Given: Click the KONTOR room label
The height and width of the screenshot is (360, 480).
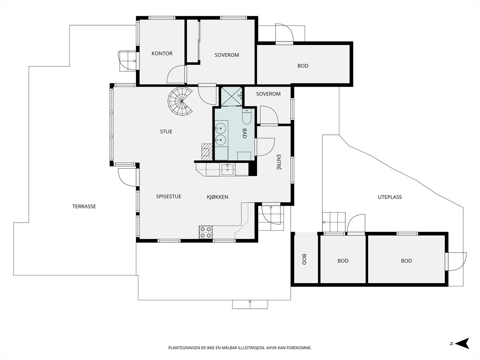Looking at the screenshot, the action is click(162, 53).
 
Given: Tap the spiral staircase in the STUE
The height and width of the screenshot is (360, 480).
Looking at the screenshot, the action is click(180, 101).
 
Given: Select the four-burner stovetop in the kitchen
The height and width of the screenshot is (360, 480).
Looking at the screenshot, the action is click(205, 232).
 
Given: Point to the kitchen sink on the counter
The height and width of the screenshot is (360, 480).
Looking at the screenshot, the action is click(227, 169).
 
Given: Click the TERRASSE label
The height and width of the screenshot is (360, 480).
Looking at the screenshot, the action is click(84, 206).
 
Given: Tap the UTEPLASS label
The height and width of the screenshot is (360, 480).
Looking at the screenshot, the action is click(390, 197).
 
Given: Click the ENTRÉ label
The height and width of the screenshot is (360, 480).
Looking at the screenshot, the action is click(278, 162).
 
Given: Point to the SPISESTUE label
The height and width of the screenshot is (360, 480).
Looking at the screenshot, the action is click(169, 196).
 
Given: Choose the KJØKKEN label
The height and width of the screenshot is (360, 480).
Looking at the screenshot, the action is click(217, 197).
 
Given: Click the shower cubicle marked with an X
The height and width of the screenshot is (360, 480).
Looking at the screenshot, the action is click(232, 97).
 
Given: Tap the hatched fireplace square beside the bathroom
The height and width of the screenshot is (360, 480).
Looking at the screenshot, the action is click(207, 152).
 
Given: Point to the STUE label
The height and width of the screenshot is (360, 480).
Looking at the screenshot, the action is click(166, 132).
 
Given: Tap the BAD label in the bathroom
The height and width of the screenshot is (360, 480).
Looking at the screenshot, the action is click(244, 133).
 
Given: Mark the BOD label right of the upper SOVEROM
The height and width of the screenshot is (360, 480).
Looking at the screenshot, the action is click(303, 66).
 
